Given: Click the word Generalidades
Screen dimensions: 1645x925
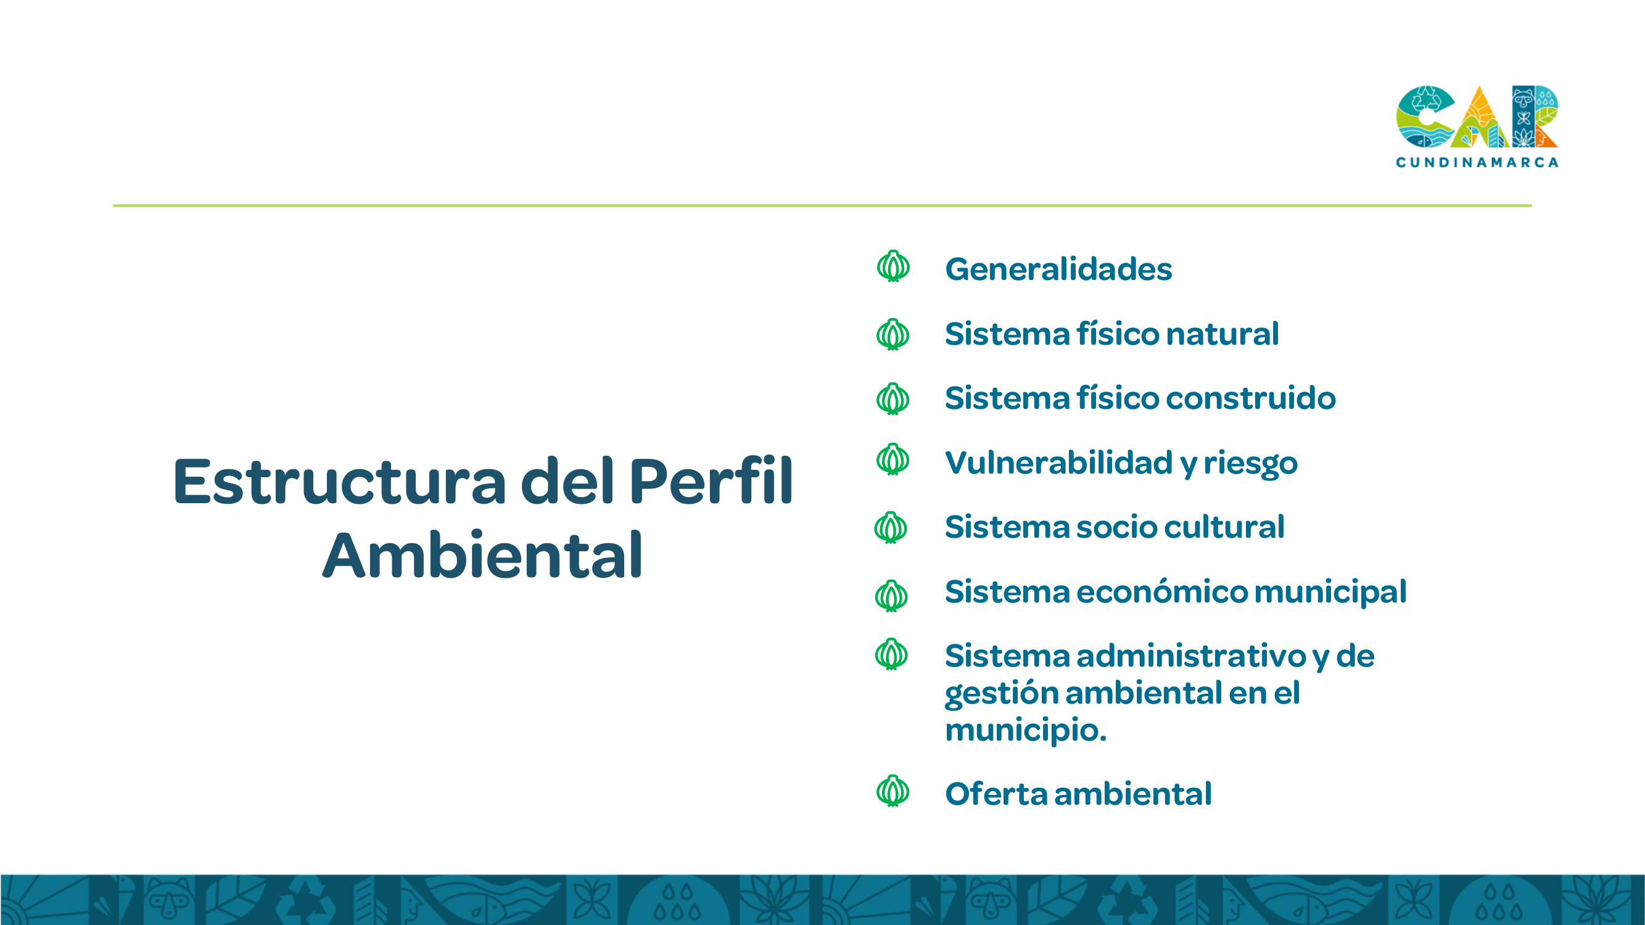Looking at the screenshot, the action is click(x=1058, y=269).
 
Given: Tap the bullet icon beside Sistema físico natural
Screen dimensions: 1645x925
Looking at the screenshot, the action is click(x=893, y=334).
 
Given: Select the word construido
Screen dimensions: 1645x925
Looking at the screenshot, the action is click(x=1251, y=398).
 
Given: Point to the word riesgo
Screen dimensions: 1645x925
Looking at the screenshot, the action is click(x=1250, y=464).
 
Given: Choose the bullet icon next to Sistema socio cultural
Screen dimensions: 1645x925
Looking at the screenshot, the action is click(x=891, y=527).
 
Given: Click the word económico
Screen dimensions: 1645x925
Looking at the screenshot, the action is click(x=1161, y=591).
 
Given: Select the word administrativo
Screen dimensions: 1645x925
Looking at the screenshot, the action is click(x=1192, y=656).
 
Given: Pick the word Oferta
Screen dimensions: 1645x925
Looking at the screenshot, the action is click(x=996, y=794).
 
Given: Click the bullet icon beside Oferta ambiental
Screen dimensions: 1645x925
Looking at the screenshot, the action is click(x=893, y=791).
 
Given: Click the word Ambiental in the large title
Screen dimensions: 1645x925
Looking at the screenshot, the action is click(x=482, y=556).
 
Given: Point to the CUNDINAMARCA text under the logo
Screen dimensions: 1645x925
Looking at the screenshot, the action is click(x=1477, y=162).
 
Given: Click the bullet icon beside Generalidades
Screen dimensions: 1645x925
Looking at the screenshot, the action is click(x=893, y=266).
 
